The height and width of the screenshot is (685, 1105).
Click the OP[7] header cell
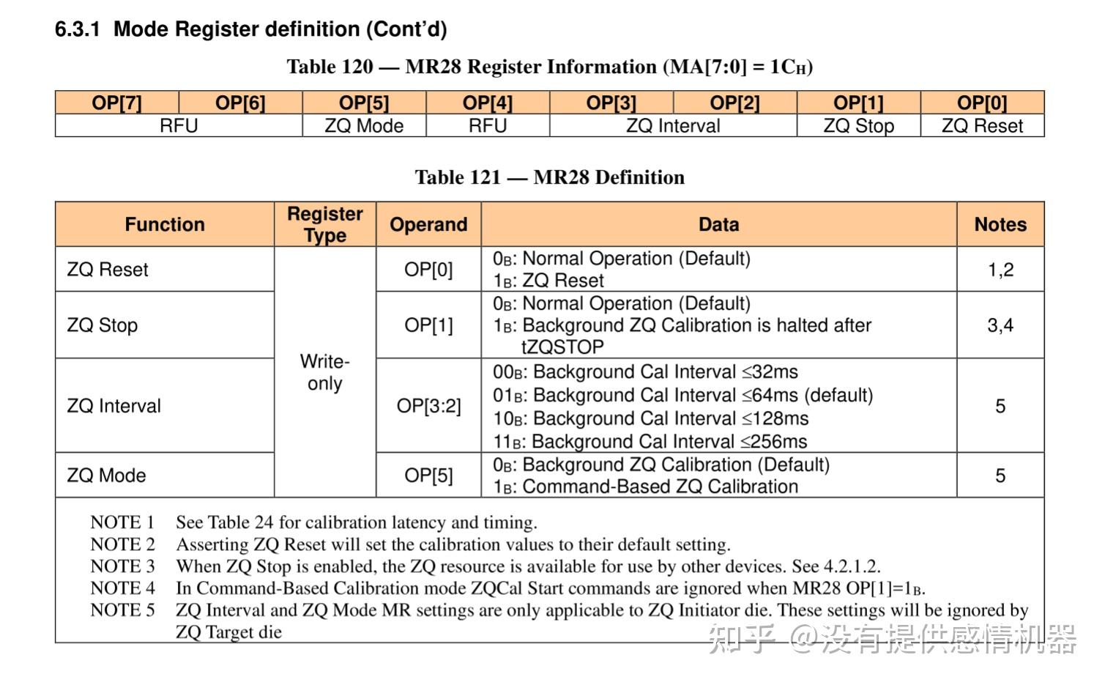(117, 103)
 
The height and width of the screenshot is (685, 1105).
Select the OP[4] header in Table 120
(488, 103)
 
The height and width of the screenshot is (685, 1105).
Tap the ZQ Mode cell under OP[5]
(364, 126)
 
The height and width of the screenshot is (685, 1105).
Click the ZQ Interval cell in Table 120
(673, 126)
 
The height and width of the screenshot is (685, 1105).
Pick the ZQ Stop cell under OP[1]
(858, 126)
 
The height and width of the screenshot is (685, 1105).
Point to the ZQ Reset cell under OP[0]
(982, 126)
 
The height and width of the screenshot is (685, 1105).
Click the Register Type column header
(325, 224)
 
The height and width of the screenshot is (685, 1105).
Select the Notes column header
(1000, 224)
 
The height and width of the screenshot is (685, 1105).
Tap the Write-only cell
(325, 372)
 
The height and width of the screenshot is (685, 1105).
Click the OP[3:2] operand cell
(428, 406)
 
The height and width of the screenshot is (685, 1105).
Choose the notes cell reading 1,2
(1000, 270)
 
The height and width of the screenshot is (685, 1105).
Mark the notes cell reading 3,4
(1000, 325)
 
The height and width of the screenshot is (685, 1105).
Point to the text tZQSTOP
(562, 347)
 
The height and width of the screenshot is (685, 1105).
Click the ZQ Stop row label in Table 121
(103, 325)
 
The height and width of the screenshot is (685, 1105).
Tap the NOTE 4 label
(122, 588)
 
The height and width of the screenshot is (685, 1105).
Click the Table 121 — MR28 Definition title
(549, 177)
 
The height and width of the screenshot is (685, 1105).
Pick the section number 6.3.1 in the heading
(77, 29)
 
